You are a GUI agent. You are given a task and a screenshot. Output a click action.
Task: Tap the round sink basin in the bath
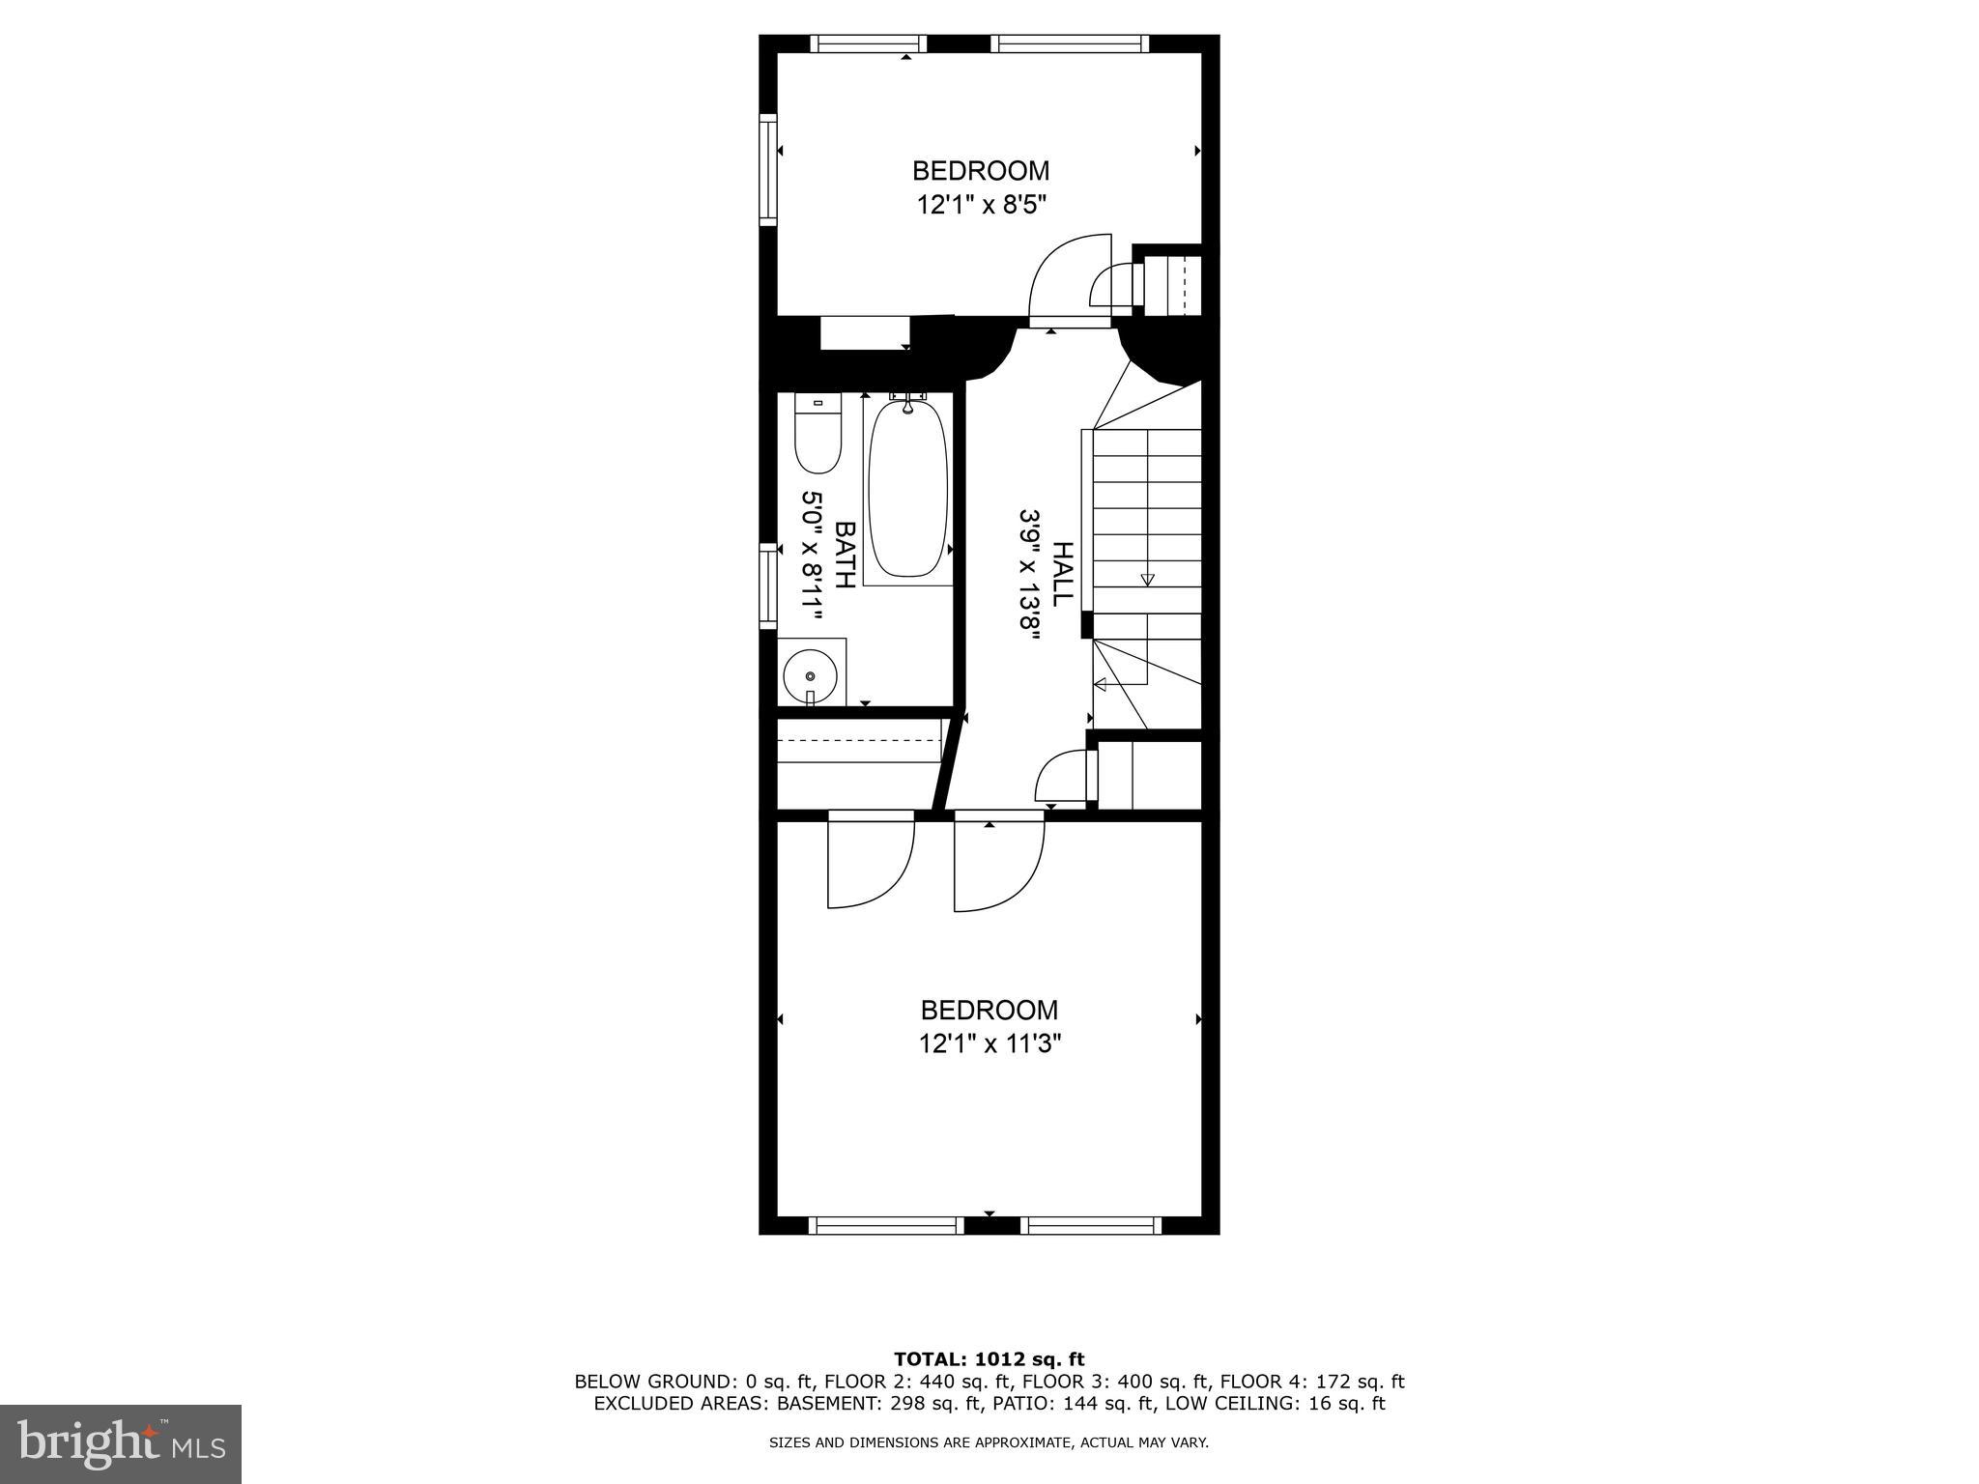(x=810, y=675)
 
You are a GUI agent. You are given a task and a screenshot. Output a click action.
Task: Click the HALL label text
(x=1062, y=574)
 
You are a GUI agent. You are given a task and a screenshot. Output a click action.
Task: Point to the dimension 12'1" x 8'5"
(x=982, y=205)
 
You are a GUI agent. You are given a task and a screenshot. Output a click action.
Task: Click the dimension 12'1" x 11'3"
(x=989, y=1044)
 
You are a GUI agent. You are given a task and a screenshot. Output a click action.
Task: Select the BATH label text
(x=844, y=555)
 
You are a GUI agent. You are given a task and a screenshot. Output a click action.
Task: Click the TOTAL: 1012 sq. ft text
(x=989, y=1359)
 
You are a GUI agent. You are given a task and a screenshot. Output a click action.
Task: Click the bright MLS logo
(x=121, y=1443)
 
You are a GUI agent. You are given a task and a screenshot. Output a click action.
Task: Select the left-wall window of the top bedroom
(x=768, y=170)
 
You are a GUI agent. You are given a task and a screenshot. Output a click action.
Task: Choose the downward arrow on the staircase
(x=1147, y=580)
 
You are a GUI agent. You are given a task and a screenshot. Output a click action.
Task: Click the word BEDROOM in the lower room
(x=989, y=1011)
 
